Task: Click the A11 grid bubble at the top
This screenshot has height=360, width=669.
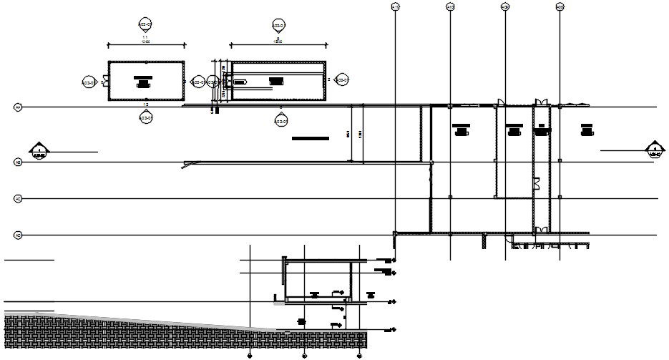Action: [x=395, y=7]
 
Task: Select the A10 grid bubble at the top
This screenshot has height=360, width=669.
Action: [x=450, y=7]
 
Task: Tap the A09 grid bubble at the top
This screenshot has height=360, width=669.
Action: [x=504, y=7]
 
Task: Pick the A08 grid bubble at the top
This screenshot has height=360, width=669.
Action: [x=560, y=7]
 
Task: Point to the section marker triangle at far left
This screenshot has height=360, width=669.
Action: [x=37, y=150]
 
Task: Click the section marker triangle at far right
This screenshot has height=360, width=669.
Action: [x=654, y=149]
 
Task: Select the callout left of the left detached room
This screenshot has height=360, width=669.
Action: [x=89, y=81]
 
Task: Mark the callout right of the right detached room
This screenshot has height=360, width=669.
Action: [x=341, y=80]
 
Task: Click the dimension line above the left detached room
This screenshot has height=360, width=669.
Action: [x=146, y=44]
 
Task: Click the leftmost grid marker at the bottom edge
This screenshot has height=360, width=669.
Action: [x=250, y=355]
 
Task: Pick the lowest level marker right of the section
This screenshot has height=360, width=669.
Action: [x=391, y=331]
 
